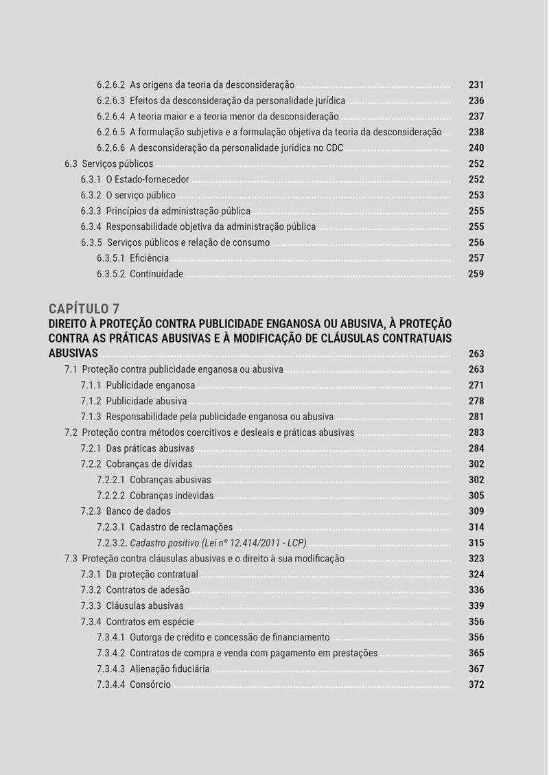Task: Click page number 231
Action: [x=476, y=85]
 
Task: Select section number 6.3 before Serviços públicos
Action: [x=71, y=164]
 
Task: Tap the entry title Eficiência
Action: [x=149, y=259]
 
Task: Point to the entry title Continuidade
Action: [x=156, y=275]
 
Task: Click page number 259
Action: [x=476, y=275]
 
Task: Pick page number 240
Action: [x=476, y=148]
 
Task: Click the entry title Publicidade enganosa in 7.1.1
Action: [x=150, y=386]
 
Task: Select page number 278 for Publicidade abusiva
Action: [x=476, y=402]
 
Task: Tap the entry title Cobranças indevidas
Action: [x=172, y=496]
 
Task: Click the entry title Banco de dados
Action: [x=139, y=512]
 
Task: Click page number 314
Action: [x=476, y=528]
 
